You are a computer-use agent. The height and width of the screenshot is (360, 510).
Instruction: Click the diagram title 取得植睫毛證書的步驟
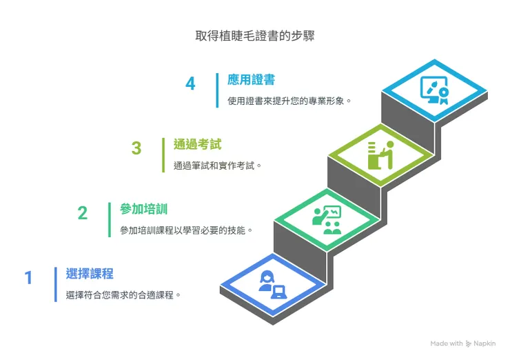pos(255,34)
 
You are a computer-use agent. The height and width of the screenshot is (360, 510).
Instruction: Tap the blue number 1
pos(29,278)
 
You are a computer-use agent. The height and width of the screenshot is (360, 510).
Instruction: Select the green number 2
pos(83,213)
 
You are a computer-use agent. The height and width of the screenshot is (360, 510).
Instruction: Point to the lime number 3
pos(136,148)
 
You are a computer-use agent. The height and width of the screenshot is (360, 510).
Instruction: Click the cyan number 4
pos(190,83)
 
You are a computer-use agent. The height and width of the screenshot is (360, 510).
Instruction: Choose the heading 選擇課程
pos(90,273)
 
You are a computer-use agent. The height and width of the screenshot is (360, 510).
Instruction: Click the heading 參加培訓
pos(143,208)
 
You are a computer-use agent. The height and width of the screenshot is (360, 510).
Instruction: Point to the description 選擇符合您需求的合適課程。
pos(124,294)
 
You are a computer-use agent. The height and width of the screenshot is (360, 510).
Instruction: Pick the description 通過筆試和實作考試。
pos(218,166)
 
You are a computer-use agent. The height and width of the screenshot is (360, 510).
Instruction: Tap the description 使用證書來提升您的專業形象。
pos(290,101)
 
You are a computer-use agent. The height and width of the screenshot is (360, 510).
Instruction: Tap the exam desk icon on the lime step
pos(380,154)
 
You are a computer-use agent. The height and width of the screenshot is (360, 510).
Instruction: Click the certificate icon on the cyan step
pos(434,90)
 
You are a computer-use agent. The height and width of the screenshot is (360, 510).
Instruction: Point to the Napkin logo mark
pos(469,343)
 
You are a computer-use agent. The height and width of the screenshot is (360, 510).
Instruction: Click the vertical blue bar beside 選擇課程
pos(55,284)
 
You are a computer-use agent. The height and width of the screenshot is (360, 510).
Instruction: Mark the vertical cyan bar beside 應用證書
pos(217,90)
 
